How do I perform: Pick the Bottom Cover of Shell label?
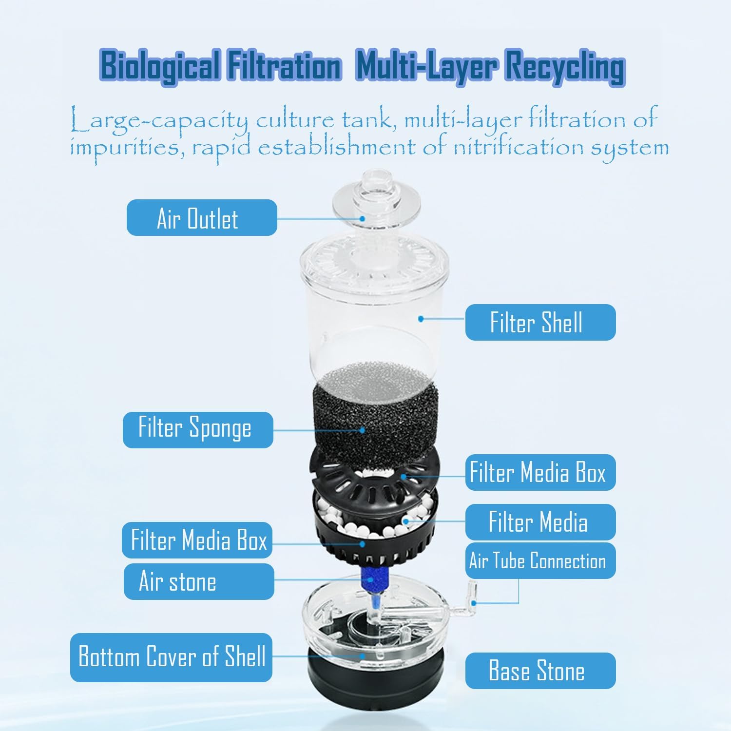[x=171, y=657]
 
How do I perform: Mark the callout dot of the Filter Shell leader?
[x=421, y=319]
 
